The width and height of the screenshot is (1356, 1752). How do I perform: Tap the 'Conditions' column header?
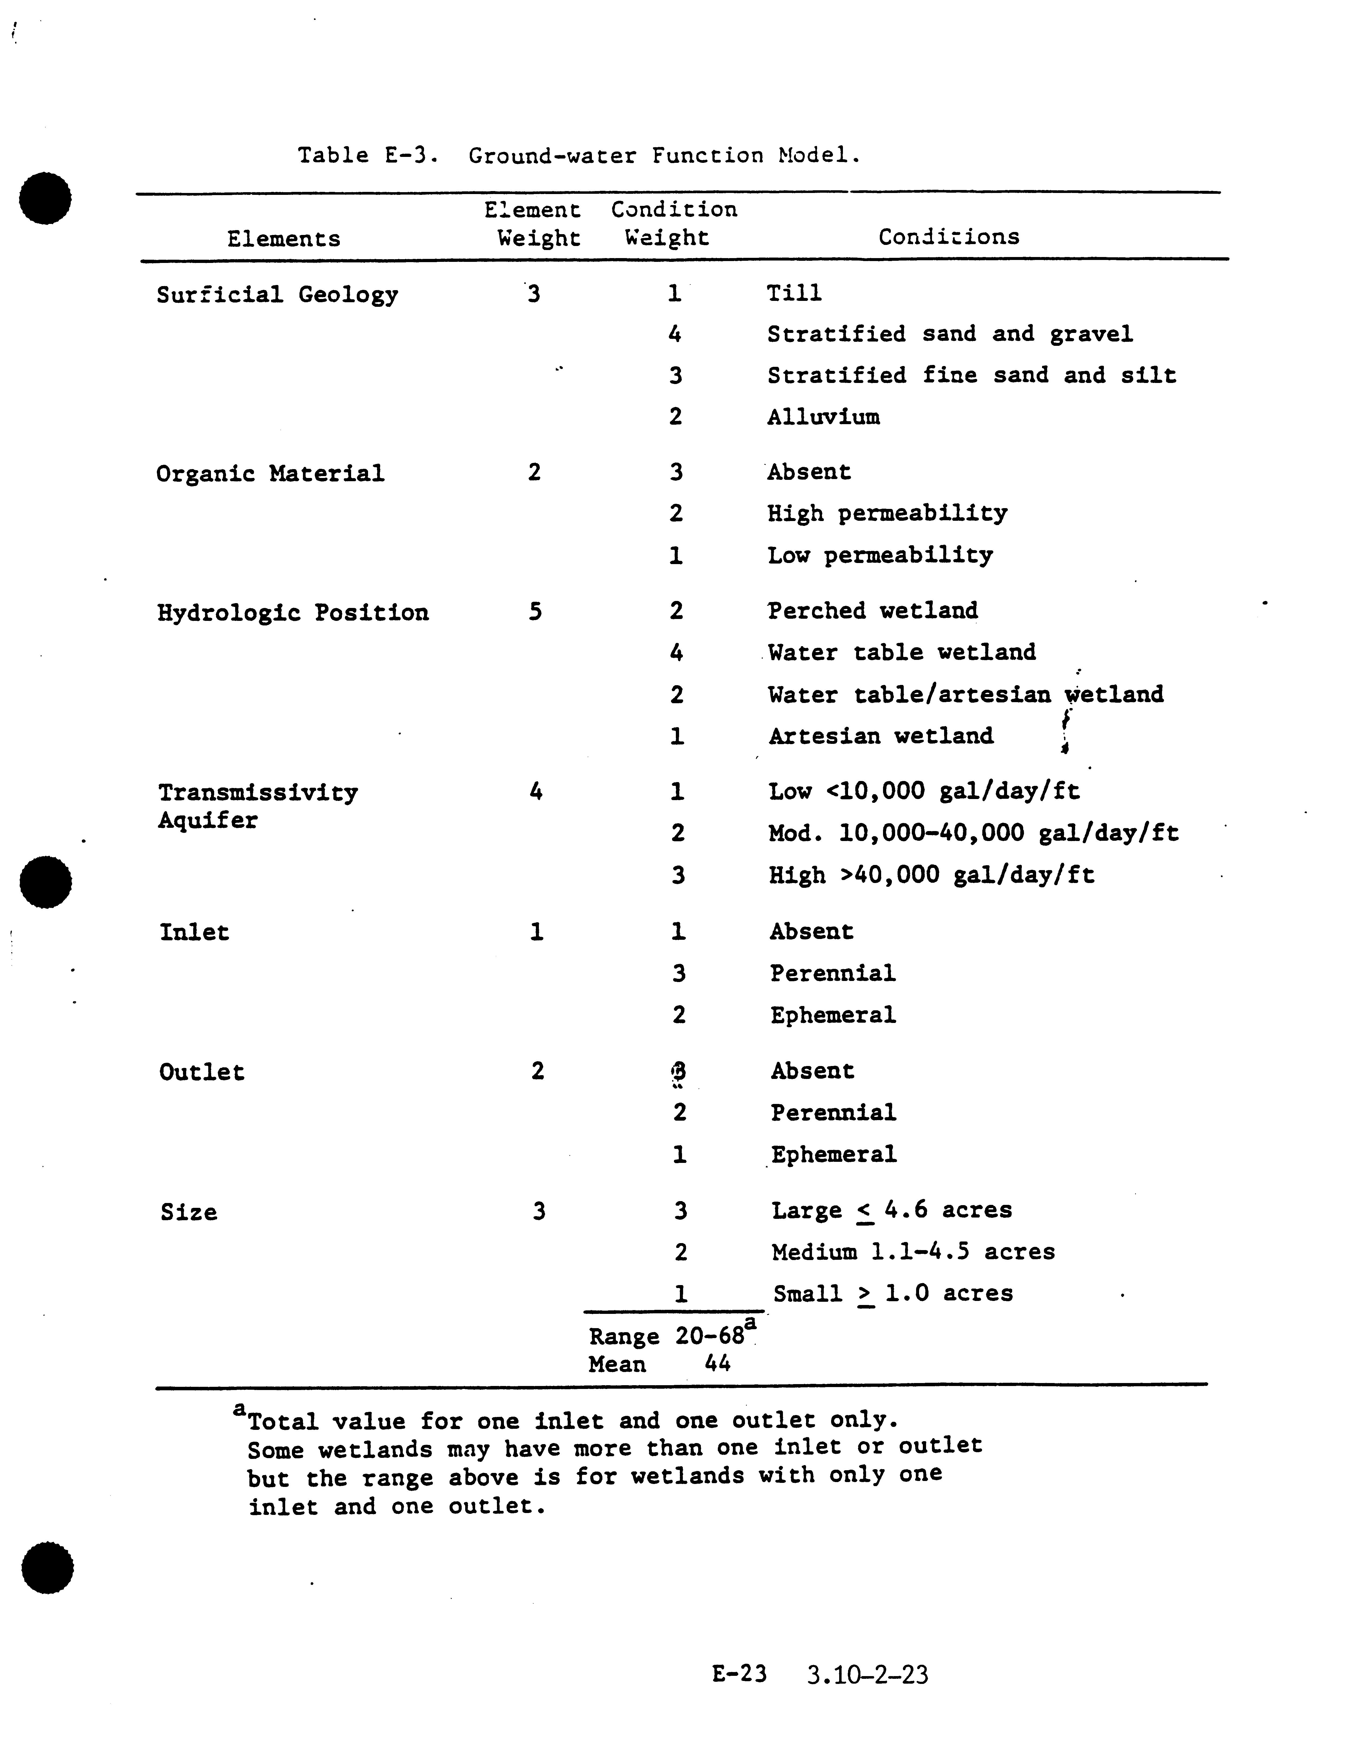click(x=949, y=237)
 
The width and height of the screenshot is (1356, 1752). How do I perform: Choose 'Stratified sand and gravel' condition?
click(x=949, y=334)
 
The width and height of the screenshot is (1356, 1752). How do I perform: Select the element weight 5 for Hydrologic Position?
click(x=535, y=612)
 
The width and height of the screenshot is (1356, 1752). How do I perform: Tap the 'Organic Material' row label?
click(x=270, y=473)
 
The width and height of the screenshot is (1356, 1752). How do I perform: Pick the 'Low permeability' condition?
click(x=880, y=555)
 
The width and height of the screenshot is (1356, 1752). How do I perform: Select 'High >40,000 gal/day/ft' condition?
click(x=931, y=874)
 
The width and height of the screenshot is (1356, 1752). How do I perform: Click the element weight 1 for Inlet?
click(x=536, y=931)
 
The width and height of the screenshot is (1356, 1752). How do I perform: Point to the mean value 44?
click(x=717, y=1364)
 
